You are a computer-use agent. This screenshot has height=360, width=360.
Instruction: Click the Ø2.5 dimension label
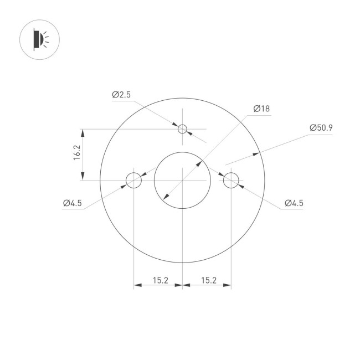coord(121,95)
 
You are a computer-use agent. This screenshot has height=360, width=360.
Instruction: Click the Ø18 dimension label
coord(261,109)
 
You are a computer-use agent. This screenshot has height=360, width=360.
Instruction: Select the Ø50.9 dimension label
coord(321,128)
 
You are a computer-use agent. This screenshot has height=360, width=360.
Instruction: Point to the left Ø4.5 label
coord(72,203)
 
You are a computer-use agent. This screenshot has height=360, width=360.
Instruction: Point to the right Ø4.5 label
coord(294,203)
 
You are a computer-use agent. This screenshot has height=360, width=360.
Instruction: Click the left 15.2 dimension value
coord(159,281)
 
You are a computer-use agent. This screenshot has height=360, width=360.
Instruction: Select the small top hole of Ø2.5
coord(183,130)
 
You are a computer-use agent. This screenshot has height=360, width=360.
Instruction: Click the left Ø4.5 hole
coord(134,180)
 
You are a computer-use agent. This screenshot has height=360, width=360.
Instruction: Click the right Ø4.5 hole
coord(231,180)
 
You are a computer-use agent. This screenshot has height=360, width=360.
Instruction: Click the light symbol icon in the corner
coord(39,39)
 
